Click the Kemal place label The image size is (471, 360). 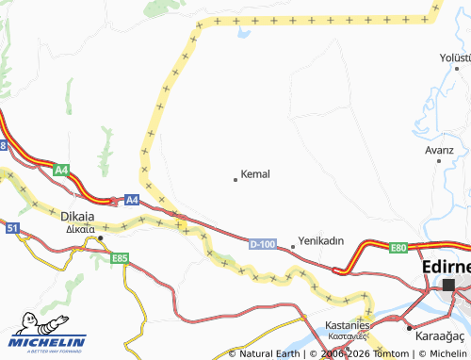pyautogui.click(x=255, y=174)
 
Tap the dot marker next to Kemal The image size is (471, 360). pyautogui.click(x=235, y=178)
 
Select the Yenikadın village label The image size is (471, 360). pyautogui.click(x=320, y=240)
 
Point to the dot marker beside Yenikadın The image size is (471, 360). pyautogui.click(x=293, y=247)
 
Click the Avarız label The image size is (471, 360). pyautogui.click(x=439, y=150)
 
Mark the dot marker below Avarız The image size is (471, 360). pyautogui.click(x=439, y=161)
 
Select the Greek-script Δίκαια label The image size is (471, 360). pyautogui.click(x=81, y=228)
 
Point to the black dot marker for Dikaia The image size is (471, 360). pyautogui.click(x=101, y=238)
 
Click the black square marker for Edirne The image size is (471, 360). pyautogui.click(x=448, y=284)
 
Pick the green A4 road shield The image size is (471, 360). pyautogui.click(x=60, y=170)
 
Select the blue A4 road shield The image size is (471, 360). pyautogui.click(x=132, y=200)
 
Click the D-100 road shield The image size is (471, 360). pyautogui.click(x=264, y=244)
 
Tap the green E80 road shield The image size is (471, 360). pyautogui.click(x=398, y=248)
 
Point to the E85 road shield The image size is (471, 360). pyautogui.click(x=119, y=257)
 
